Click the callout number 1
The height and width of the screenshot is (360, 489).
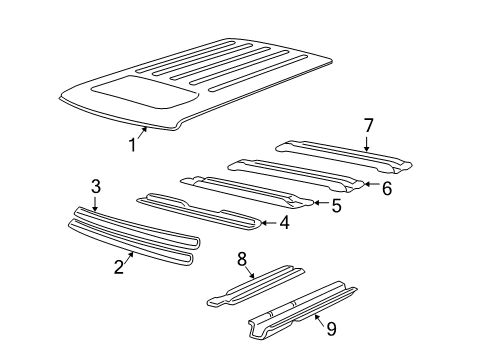coord(131,147)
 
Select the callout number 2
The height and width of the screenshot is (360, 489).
coord(119,267)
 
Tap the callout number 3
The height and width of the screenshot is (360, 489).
coord(95,187)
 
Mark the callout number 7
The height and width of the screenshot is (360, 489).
coord(367,125)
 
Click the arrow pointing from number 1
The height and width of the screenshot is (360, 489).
coord(143,135)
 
